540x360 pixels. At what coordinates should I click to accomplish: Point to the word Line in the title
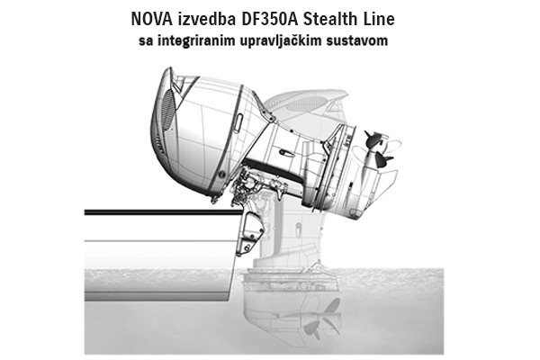(x=379, y=19)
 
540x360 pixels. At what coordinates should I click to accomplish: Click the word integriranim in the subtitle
(x=193, y=40)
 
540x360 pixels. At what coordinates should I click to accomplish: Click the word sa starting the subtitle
(x=146, y=41)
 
